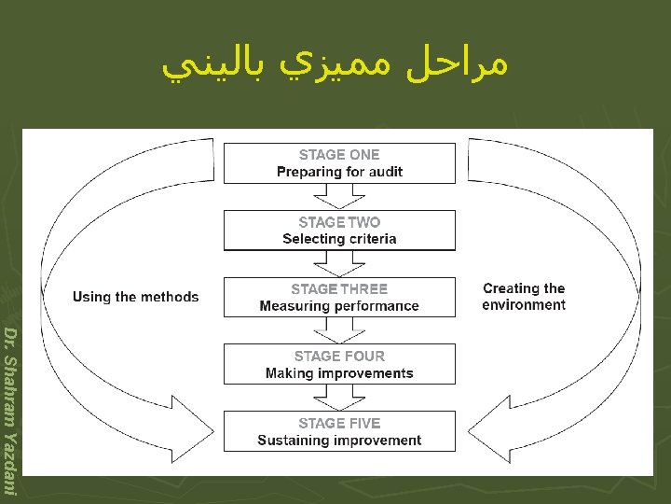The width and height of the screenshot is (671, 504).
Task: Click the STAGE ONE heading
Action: point(339,155)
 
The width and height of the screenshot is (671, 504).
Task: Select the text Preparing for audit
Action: point(339,172)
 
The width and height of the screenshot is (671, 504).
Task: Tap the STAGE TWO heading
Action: point(339,222)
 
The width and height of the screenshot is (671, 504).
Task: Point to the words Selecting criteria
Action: point(339,239)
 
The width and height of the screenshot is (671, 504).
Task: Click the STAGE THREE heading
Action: point(339,289)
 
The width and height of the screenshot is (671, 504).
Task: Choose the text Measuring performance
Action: point(339,306)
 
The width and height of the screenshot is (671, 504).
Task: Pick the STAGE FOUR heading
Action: point(339,356)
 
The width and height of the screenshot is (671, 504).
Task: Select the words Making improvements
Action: point(339,373)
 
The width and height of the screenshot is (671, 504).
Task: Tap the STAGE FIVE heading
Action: point(339,423)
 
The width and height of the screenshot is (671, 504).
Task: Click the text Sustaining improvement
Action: point(339,441)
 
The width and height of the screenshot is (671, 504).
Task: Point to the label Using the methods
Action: point(135,297)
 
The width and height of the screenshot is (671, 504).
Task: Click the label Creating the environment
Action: point(524,297)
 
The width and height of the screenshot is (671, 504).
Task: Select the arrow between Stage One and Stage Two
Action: point(339,196)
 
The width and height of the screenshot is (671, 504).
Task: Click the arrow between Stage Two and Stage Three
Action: point(339,263)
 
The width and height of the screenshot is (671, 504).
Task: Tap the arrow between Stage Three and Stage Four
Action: point(339,329)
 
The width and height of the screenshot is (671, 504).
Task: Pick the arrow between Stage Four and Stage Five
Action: point(339,397)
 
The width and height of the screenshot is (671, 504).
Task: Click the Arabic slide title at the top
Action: point(335,65)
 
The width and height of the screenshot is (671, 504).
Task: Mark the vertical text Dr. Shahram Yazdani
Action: point(10,411)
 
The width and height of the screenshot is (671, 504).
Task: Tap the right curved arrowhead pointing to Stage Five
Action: point(482,430)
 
